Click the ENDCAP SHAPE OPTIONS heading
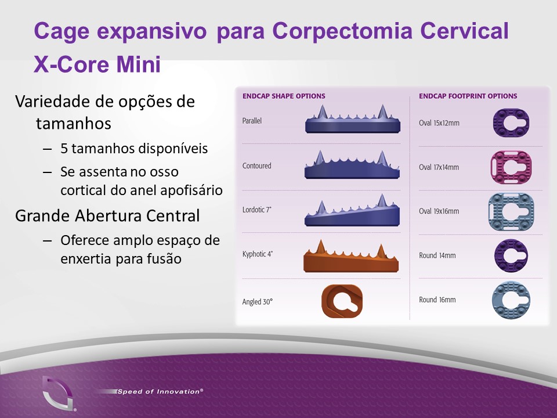(284, 96)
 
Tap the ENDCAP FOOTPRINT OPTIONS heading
(468, 96)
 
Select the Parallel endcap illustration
(353, 119)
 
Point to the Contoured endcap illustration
(352, 164)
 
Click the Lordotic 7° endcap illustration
(352, 210)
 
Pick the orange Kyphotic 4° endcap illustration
(351, 256)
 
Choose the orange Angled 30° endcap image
(342, 301)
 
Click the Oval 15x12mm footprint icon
(511, 123)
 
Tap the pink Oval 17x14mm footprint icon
(511, 167)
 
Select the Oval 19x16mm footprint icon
(511, 212)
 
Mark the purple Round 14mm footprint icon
(511, 255)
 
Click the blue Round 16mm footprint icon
(511, 300)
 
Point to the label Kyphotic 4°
(258, 254)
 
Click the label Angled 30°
(258, 302)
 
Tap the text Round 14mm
(437, 255)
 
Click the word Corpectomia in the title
(342, 31)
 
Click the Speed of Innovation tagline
(160, 391)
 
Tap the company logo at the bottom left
(58, 394)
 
